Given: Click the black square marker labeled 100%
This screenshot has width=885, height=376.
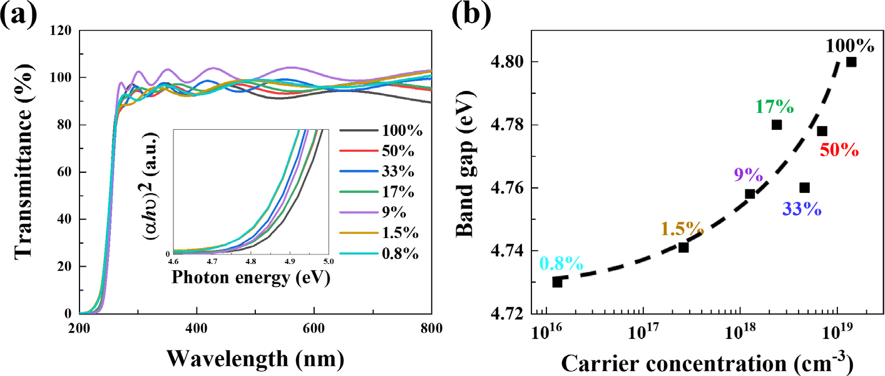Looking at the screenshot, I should click(x=851, y=62).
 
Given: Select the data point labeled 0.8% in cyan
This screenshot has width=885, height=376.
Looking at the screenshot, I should click(x=557, y=282).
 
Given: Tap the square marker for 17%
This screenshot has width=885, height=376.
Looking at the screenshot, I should click(x=777, y=125).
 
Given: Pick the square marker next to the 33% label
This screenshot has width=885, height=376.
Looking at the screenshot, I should click(x=805, y=188).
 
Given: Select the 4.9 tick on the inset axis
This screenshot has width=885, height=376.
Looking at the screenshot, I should click(x=290, y=260).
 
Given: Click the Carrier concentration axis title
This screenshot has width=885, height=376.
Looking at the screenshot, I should click(x=706, y=362).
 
